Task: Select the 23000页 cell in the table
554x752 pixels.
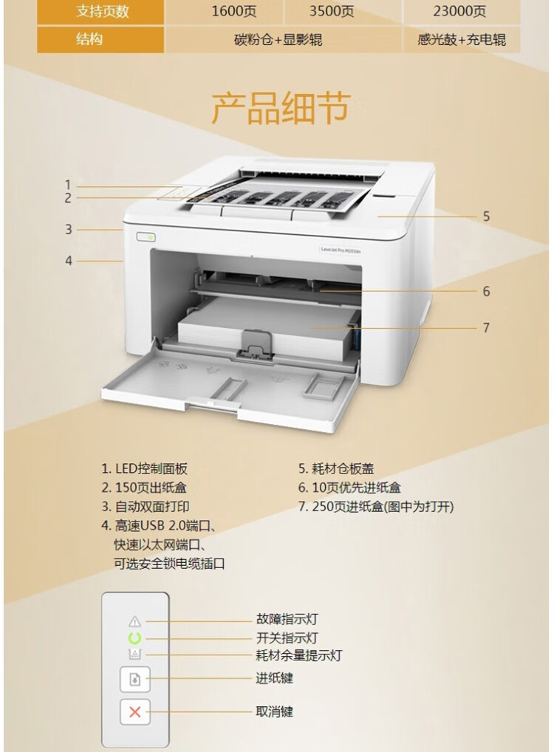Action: (462, 11)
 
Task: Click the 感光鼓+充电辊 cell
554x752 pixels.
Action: (462, 40)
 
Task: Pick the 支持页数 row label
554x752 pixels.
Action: (101, 11)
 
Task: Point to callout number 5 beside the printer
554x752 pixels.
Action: (486, 216)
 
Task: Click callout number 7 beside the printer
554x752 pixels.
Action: (486, 327)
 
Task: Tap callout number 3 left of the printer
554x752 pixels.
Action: (69, 230)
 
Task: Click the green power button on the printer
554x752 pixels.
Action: (145, 237)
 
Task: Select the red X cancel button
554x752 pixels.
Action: (134, 712)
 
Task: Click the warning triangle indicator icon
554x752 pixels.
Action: (134, 621)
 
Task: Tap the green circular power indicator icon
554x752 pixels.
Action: (134, 638)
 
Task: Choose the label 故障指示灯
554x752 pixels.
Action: (287, 620)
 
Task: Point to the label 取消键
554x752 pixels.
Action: (275, 711)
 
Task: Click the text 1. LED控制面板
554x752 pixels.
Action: (145, 468)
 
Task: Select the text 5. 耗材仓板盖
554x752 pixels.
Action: (336, 468)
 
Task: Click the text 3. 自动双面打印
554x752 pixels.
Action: (146, 507)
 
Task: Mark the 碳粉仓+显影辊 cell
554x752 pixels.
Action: (283, 40)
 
